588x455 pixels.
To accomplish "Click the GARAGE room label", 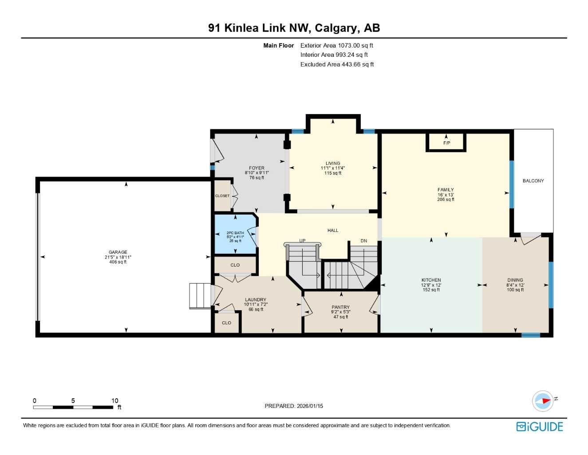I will pos(118,252).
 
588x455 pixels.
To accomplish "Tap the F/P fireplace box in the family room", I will pos(446,143).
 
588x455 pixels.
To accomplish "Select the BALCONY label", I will pos(533,181).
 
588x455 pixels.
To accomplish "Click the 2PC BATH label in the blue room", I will pos(235,233).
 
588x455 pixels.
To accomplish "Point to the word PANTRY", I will pos(340,307).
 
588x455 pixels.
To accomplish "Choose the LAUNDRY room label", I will pos(256,299).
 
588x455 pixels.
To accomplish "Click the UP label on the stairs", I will pos(302,241).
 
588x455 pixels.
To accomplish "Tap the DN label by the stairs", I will pos(364,241).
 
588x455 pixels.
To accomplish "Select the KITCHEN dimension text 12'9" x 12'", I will pos(431,285).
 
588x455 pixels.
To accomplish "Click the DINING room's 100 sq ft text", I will pos(515,290).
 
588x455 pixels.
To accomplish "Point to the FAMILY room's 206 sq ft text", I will pos(446,200).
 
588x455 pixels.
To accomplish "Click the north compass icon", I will pos(543,401).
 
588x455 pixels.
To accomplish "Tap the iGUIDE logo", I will pos(540,427).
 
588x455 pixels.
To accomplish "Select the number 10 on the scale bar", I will pos(115,400).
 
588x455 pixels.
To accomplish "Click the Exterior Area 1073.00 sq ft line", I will pos(336,45).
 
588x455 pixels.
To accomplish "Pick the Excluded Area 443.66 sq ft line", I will pos(337,64).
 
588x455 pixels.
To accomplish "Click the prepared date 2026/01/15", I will pos(310,406).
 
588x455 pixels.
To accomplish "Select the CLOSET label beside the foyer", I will pos(222,196).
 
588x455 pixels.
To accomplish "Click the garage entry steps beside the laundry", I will pos(199,295).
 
